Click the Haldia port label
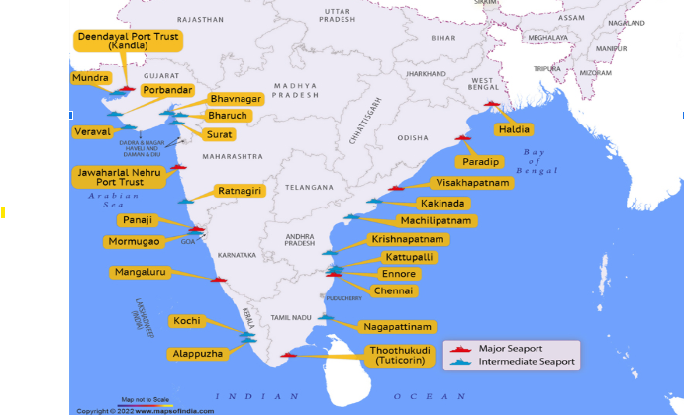515,129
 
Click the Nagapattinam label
397,326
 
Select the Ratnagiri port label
241,191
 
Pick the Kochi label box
186,321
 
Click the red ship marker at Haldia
492,104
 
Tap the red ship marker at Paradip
462,138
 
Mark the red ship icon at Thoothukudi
288,355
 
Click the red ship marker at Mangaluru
219,280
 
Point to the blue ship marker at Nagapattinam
324,318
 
